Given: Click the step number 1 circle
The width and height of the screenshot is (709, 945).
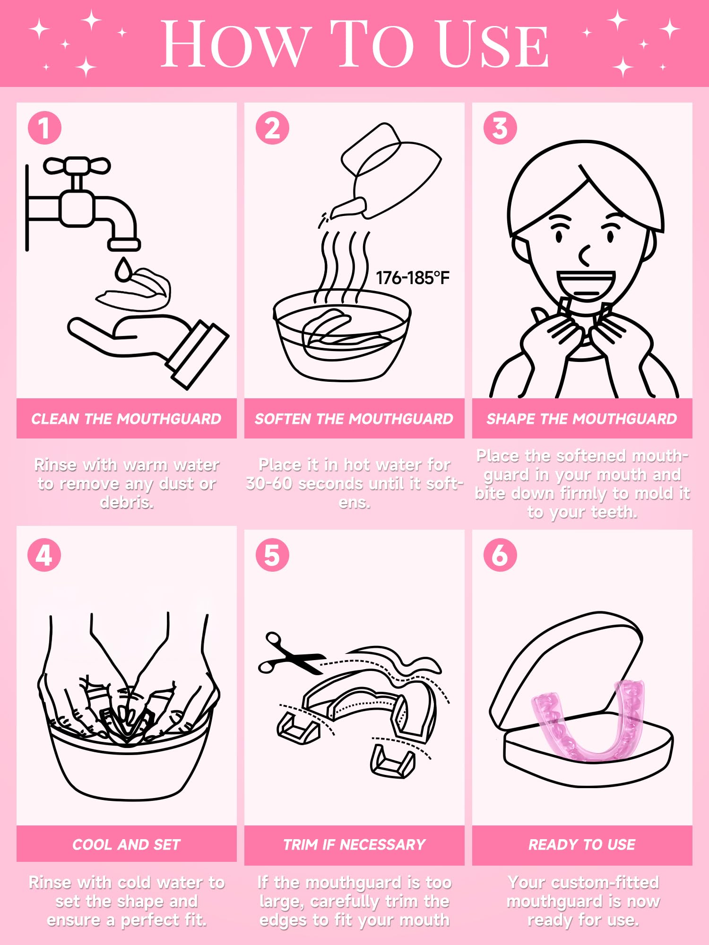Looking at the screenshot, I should (x=44, y=128).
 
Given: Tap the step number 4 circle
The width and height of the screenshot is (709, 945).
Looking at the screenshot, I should (x=44, y=555).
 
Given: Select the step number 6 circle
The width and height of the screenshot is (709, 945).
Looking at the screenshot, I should (x=500, y=555).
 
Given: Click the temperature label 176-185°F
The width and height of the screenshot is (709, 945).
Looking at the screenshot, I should (x=412, y=278).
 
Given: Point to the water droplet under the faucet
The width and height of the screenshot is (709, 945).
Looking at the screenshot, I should (x=123, y=270).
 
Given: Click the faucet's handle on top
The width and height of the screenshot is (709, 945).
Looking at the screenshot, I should (x=77, y=166).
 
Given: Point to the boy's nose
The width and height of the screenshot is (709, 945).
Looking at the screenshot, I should (x=584, y=255).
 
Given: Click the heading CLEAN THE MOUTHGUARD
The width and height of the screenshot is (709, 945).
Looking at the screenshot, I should (x=126, y=419).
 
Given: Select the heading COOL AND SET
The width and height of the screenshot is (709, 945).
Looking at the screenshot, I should (x=126, y=844).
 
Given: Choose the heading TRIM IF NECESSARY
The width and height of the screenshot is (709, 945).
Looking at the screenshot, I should (x=354, y=844).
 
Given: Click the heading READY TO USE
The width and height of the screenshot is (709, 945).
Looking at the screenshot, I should (x=582, y=844).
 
